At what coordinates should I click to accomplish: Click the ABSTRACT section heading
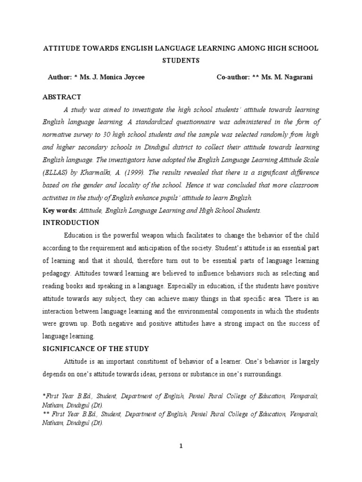(62, 97)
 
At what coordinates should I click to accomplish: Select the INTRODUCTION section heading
(71, 223)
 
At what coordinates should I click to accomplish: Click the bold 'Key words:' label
(59, 210)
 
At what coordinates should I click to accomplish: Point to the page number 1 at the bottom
(181, 447)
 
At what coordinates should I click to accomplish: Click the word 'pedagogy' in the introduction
(58, 273)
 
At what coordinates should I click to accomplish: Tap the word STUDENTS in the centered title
(181, 61)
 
